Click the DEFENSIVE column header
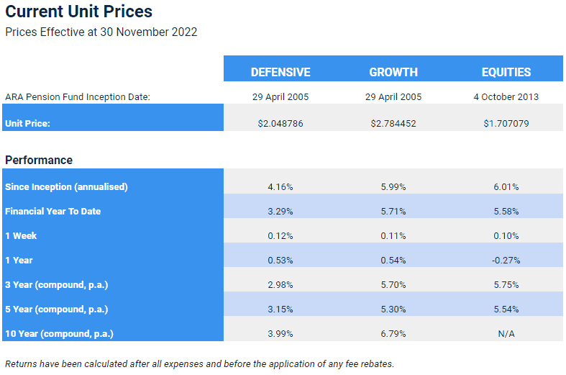click(280, 72)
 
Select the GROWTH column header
click(393, 72)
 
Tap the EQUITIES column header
click(506, 72)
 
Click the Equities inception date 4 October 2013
click(506, 97)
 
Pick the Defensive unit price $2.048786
click(280, 124)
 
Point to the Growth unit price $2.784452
click(393, 124)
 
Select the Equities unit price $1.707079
click(506, 124)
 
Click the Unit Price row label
click(27, 124)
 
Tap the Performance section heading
click(39, 160)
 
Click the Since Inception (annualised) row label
click(66, 186)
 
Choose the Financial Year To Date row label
click(53, 212)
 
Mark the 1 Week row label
click(21, 236)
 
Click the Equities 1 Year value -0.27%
click(506, 261)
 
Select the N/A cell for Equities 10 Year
click(506, 334)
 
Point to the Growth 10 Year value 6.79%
click(393, 334)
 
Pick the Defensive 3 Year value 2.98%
click(280, 285)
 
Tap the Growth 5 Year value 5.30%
click(393, 310)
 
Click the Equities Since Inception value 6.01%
click(506, 187)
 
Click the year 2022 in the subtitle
click(184, 32)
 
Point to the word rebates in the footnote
click(377, 363)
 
